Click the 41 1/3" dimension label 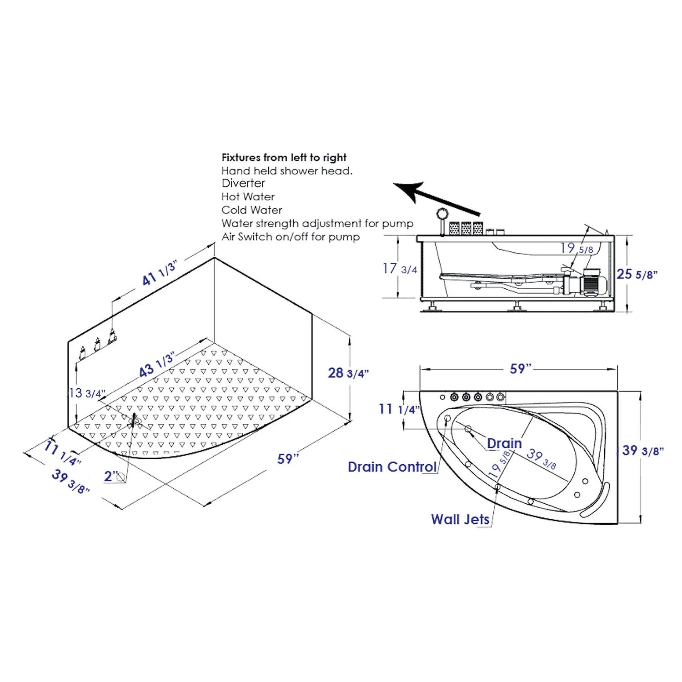[159, 273]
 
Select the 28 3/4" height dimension [348, 373]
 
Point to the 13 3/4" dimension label [86, 393]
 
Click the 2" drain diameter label [111, 476]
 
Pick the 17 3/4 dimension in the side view [400, 269]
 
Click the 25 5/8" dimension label [637, 274]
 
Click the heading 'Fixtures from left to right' [284, 157]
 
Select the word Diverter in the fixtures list [243, 183]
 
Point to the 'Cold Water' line [251, 210]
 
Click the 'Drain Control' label [392, 467]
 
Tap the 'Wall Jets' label [460, 519]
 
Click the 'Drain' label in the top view [504, 443]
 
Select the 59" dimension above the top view [520, 369]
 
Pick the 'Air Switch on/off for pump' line [291, 237]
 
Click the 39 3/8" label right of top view [642, 451]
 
